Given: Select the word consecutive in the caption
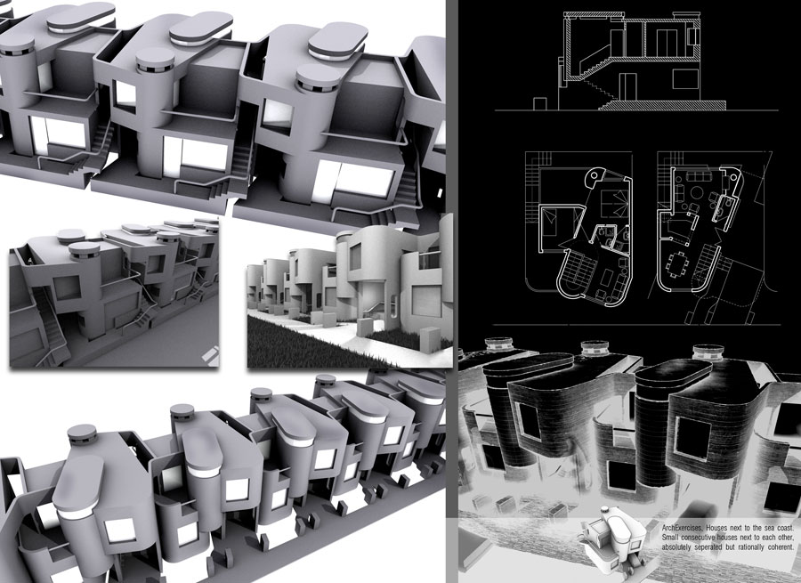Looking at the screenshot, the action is (698, 538).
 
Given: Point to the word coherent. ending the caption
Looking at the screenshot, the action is (780, 547).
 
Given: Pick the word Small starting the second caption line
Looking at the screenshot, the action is (669, 538).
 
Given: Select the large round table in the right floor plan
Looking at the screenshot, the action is (696, 193).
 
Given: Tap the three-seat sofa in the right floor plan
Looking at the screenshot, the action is (697, 176).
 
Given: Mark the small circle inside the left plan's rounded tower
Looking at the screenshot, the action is (595, 176).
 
